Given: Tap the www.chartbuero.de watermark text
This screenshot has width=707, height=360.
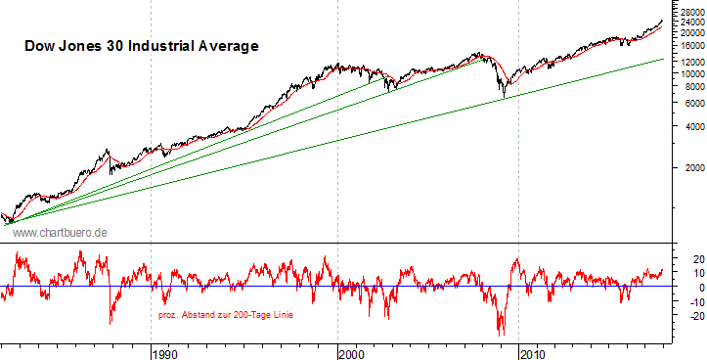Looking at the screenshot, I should (59, 232).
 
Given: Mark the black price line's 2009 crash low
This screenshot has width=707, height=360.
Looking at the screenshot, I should (504, 97).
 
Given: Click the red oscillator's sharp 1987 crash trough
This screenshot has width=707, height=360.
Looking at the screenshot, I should (110, 323).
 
